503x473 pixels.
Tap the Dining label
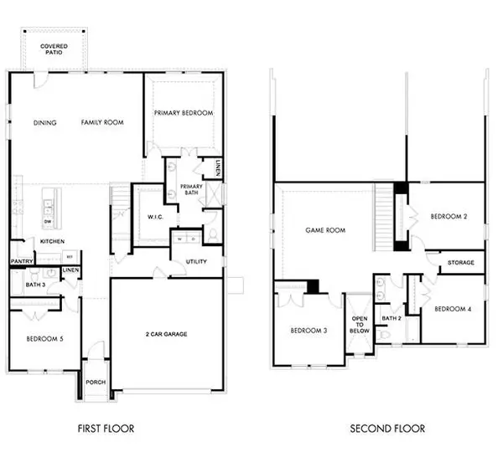click(45, 123)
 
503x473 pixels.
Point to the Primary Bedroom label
click(183, 113)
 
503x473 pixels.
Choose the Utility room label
click(198, 262)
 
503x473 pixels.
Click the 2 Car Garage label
click(164, 334)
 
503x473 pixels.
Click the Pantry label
click(22, 261)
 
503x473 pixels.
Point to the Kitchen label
click(52, 242)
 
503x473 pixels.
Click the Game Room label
click(325, 229)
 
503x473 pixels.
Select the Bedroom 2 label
click(449, 216)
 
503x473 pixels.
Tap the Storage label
click(460, 263)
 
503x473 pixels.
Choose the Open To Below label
click(360, 325)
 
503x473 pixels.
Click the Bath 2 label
click(392, 318)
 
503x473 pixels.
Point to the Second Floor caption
click(387, 429)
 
